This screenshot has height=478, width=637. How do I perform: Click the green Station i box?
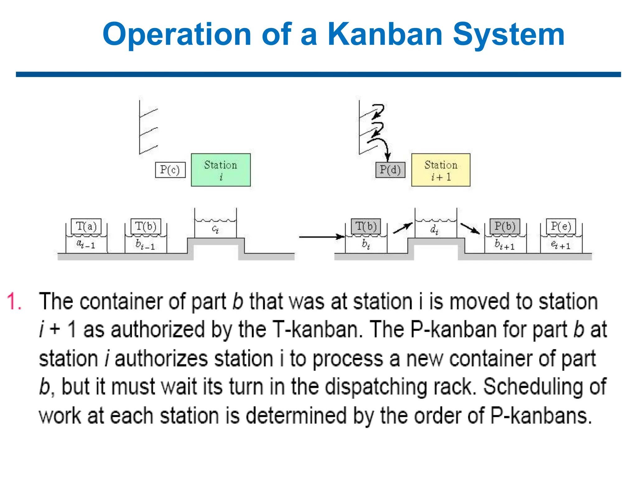[221, 170]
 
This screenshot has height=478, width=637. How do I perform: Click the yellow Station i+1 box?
[441, 170]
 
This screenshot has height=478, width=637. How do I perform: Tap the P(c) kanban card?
[170, 170]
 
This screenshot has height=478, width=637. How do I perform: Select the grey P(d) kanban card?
[390, 170]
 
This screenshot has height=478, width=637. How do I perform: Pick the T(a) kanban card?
[86, 226]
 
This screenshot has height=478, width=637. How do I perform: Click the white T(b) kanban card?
[146, 226]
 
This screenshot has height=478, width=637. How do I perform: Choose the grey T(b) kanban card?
[366, 226]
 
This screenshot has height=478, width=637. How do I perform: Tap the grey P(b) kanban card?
[505, 226]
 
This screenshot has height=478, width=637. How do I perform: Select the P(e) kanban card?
[561, 226]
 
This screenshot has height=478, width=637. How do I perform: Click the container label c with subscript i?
[215, 229]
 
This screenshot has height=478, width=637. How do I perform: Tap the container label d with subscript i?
[435, 230]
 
